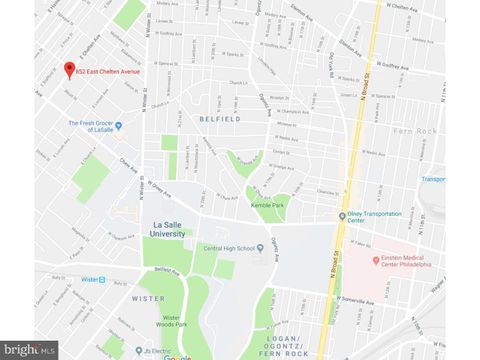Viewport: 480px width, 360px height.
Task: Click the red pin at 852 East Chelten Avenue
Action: [69, 70]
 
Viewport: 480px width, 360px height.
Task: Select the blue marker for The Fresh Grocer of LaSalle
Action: [118, 125]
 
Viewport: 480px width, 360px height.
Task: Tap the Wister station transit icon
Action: [105, 280]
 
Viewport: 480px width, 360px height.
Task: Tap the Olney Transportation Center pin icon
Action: [340, 215]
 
